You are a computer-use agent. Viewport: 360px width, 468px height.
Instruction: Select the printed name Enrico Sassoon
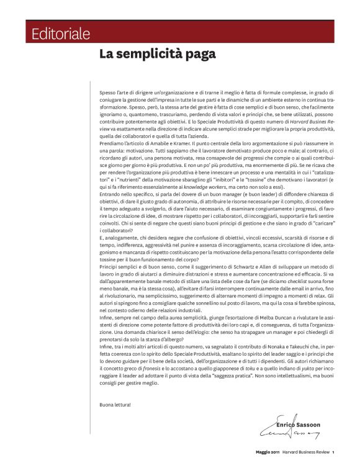click(x=299, y=425)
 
